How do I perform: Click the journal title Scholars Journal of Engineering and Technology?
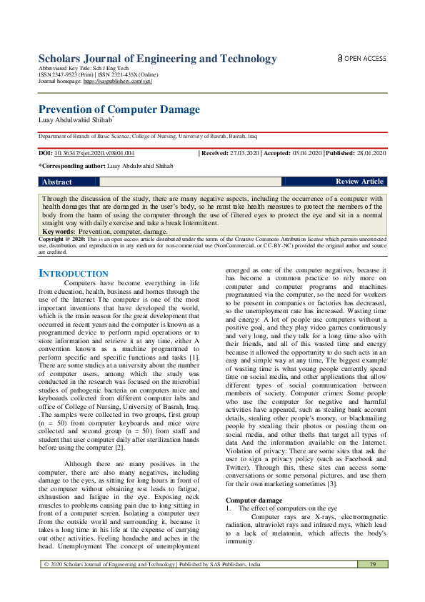pos(157,59)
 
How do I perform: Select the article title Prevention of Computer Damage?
pos(119,109)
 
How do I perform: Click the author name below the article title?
pos(74,120)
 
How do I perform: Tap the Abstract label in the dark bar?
pos(56,182)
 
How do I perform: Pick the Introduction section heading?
pos(73,274)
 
